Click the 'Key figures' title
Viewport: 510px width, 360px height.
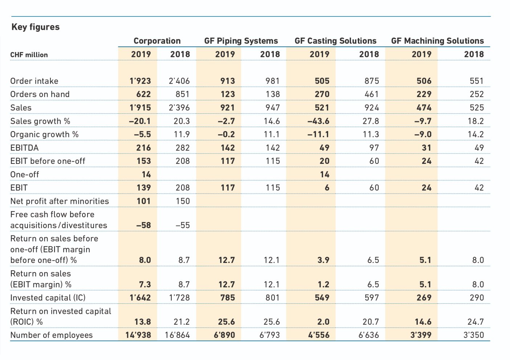point(36,27)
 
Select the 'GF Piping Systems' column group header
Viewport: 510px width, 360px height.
point(241,41)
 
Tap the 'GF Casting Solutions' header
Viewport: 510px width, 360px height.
point(335,41)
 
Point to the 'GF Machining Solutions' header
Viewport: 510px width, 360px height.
point(437,41)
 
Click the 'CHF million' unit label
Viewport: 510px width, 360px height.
point(29,55)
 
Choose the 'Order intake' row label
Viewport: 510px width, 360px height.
point(34,81)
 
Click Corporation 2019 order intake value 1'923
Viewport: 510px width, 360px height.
point(140,81)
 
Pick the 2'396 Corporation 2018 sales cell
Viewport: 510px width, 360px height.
point(179,108)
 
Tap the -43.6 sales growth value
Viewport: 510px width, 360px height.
point(318,121)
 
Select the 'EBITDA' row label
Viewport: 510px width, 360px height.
point(24,148)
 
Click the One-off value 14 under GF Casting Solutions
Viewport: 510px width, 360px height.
point(325,174)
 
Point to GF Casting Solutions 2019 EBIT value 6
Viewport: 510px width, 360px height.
point(327,188)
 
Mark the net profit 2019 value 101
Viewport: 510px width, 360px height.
point(143,201)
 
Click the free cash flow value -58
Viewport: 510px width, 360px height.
point(143,225)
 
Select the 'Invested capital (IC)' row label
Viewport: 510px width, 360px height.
point(48,298)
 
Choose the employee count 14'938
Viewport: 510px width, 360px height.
point(138,335)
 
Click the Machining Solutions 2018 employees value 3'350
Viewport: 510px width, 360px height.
point(474,335)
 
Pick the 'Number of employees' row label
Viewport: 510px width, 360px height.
point(52,335)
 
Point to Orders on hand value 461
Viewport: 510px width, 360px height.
point(372,94)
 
